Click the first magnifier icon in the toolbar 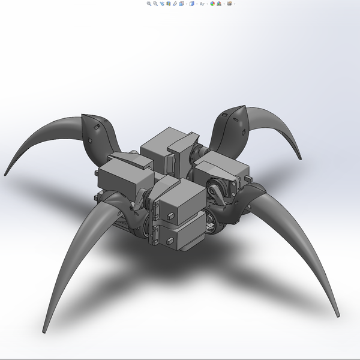[x=149, y=4]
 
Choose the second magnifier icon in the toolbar [x=156, y=4]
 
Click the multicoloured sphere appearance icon [x=212, y=4]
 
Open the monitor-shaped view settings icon [x=229, y=4]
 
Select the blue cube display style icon [x=192, y=4]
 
